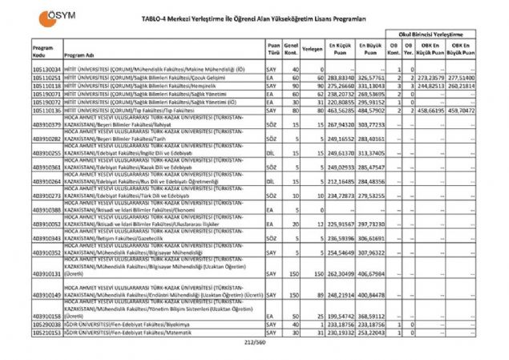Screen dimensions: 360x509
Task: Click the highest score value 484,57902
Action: click(x=372, y=110)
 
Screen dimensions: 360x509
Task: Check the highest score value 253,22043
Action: click(x=372, y=330)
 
